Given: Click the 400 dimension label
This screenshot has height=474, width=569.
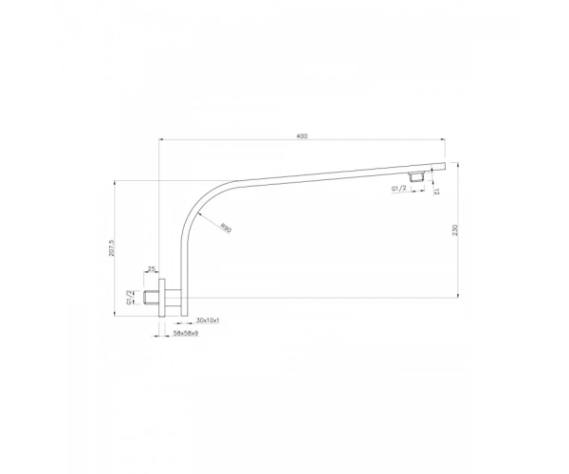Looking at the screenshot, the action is point(302,136).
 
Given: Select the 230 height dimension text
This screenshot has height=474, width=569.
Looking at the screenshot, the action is point(455,230).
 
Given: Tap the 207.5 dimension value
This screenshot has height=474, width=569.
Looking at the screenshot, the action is point(111,247).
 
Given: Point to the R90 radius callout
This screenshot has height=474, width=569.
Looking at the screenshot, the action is point(226,228).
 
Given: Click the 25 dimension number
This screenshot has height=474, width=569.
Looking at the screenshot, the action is point(152,268).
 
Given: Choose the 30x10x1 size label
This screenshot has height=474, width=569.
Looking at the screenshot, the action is point(208,320).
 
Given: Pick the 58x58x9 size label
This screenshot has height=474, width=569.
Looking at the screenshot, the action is point(186,333).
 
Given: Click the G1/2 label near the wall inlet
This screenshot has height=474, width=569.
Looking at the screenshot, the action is point(129,297).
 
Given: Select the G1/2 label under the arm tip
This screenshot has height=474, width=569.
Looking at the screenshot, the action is point(398,189).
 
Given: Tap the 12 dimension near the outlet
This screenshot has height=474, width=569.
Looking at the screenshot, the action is point(436,191).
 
